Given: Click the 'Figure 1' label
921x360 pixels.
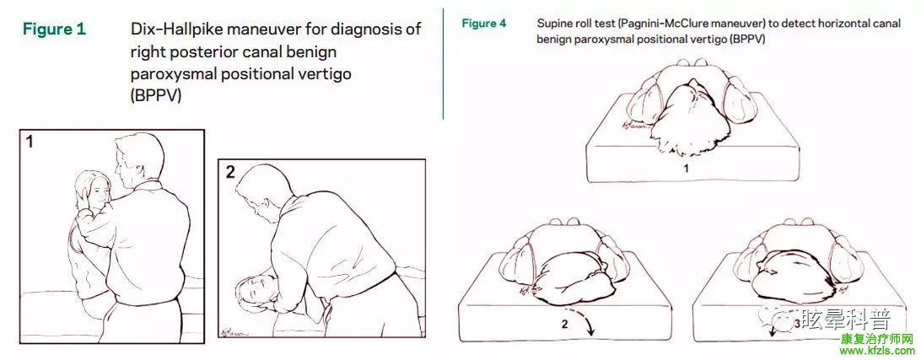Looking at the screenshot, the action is (54, 29).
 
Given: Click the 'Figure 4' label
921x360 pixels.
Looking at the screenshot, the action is (483, 24).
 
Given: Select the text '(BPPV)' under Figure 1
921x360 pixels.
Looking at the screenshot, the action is (156, 96).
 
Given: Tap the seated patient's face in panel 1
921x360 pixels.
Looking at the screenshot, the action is (100, 192).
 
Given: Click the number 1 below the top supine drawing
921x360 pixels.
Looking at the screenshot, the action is (685, 169).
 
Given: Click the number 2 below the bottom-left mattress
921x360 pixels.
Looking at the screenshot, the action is (564, 324).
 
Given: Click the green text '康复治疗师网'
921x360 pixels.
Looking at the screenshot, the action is (877, 340).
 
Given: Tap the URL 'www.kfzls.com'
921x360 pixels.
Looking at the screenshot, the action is (877, 352).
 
